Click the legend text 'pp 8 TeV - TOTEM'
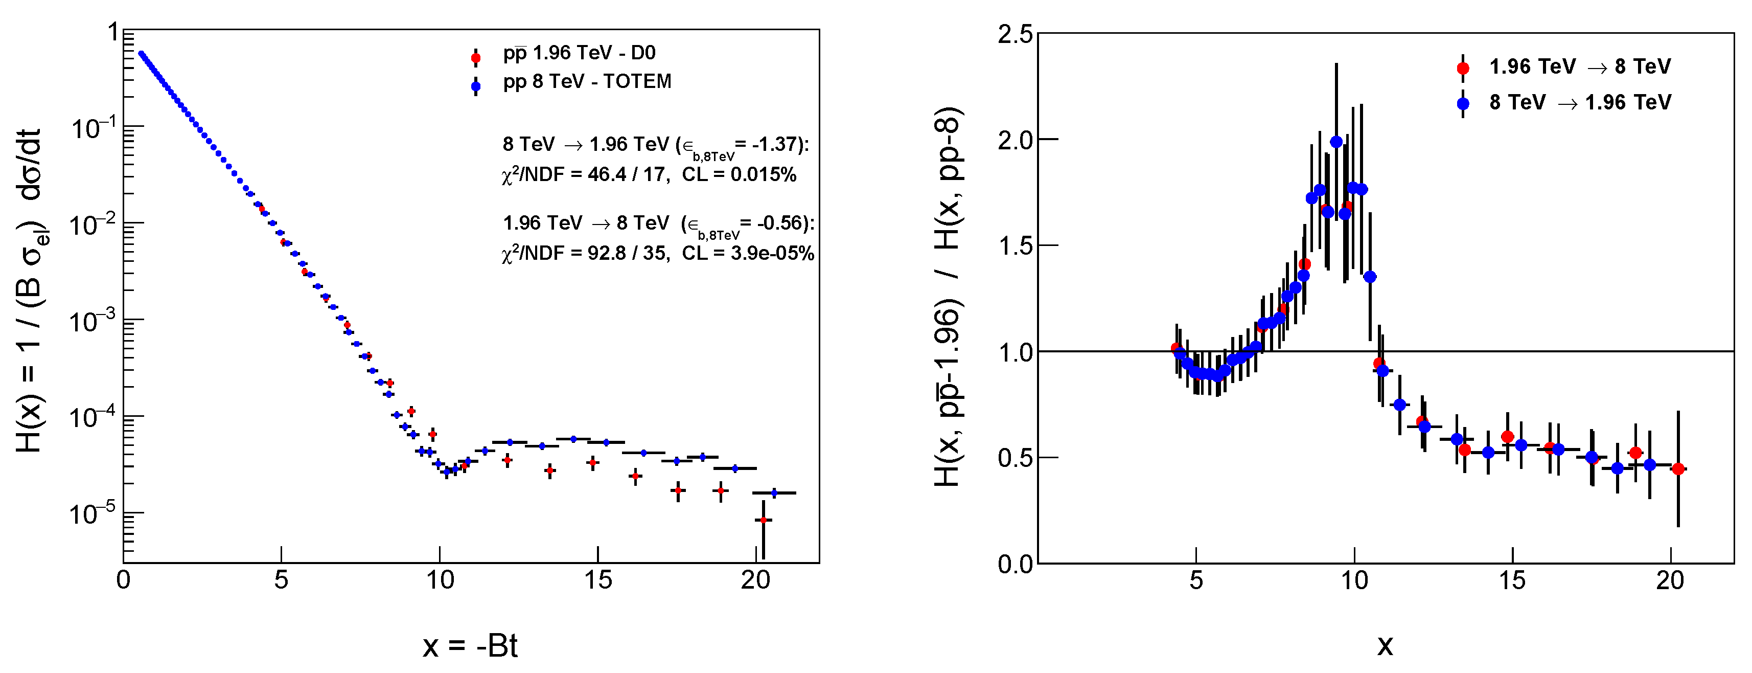click(587, 82)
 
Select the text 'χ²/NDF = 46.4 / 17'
click(584, 175)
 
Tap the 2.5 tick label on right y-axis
click(1014, 34)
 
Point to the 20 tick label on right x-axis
click(1670, 580)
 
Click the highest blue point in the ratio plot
click(1336, 142)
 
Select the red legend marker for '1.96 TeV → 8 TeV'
click(1462, 68)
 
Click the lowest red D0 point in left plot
click(763, 520)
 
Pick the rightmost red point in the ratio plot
click(1678, 469)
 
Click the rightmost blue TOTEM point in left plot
click(773, 492)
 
